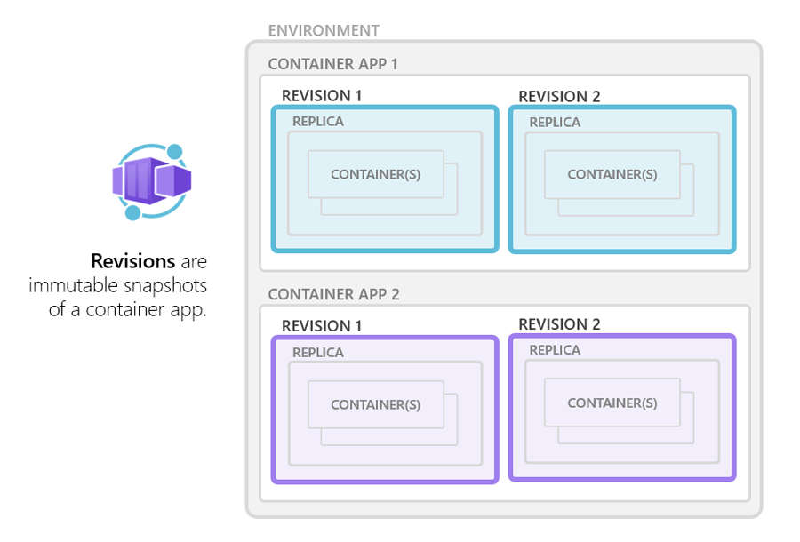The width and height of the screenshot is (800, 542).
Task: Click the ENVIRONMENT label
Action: (x=324, y=31)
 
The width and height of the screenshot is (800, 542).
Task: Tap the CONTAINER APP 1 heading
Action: (x=332, y=64)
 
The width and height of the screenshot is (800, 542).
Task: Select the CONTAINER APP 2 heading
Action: (x=332, y=294)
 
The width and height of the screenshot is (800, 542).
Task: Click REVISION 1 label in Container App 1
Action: (x=322, y=96)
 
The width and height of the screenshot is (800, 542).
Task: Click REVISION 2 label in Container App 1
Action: (x=559, y=96)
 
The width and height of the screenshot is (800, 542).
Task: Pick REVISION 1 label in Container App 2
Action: (x=322, y=326)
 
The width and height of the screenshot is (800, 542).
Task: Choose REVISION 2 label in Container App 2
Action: (x=559, y=324)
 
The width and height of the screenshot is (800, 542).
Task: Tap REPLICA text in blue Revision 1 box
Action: (x=318, y=122)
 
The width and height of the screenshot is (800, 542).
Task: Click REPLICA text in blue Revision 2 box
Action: (x=555, y=122)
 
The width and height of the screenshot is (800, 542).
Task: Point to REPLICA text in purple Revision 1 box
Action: (x=318, y=352)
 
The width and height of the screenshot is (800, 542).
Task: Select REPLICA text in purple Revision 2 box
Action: (x=555, y=350)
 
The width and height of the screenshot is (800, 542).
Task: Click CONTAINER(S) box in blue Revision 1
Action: (x=375, y=174)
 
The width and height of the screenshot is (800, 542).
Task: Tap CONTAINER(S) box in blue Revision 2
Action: (x=612, y=174)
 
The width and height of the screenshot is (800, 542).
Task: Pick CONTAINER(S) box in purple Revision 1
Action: (x=375, y=404)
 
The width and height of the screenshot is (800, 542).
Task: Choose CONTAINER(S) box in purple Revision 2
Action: (x=612, y=403)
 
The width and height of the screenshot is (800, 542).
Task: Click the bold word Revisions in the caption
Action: (x=132, y=262)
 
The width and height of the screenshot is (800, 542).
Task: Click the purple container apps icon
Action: (x=152, y=181)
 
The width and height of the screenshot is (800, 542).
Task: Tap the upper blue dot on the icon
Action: (x=175, y=151)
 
